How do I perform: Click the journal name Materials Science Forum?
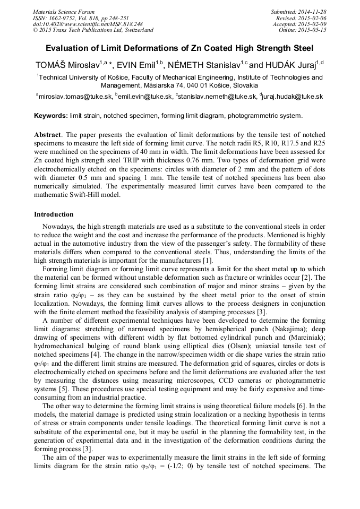[64, 12]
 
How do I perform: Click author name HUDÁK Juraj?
[290, 65]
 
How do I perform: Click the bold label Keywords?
[51, 116]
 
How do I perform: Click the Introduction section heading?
[54, 214]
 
